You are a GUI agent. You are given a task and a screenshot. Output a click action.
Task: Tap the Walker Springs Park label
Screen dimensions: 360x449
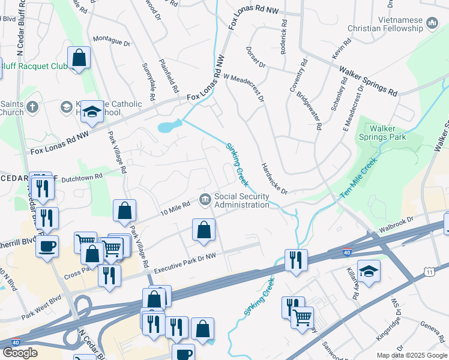pos(388,133)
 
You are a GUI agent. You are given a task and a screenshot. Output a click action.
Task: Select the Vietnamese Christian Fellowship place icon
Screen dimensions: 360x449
pos(432,24)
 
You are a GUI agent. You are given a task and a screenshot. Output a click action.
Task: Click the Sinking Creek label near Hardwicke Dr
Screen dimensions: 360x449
pos(237,164)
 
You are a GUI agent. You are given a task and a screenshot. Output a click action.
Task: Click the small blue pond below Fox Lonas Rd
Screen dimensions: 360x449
pos(169,127)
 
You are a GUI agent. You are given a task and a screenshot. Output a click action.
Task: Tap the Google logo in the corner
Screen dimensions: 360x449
pos(20,353)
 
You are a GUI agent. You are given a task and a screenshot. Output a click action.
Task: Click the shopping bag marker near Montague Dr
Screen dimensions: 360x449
pos(79,58)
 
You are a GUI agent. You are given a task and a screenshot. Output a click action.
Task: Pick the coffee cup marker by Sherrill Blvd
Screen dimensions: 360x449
pos(47,246)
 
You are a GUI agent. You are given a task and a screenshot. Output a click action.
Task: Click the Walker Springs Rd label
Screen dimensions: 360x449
pos(369,80)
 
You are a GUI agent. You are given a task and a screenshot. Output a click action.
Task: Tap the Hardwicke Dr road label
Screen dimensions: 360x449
pos(274,178)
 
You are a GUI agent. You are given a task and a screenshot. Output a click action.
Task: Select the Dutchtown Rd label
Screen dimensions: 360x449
pos(82,176)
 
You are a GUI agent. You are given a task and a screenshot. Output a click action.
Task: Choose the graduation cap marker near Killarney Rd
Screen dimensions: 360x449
pos(369,271)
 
